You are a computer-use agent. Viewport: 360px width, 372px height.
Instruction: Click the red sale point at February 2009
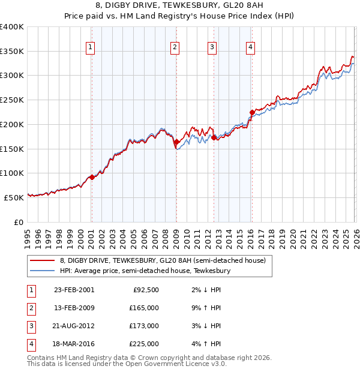point(176,142)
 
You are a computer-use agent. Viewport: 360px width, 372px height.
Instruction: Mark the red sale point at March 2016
point(252,112)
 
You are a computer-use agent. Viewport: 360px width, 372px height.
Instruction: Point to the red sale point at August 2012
point(214,137)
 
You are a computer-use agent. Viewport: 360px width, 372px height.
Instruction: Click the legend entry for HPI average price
point(145,271)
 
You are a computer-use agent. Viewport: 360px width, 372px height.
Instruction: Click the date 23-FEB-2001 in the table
point(74,290)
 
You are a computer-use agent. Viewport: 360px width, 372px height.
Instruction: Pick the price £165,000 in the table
point(144,308)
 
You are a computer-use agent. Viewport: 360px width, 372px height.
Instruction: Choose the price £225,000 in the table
point(144,344)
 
